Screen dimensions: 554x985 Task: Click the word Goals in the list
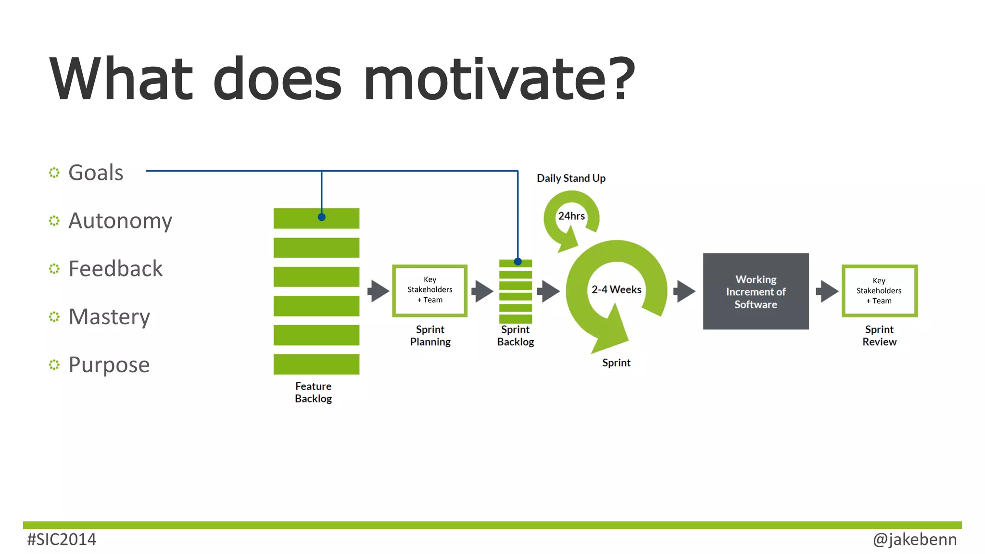[96, 173]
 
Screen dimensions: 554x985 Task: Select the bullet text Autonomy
[120, 221]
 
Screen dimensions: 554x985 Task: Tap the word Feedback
[115, 269]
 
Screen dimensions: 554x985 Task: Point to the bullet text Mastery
[109, 317]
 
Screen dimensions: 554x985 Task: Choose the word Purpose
[109, 365]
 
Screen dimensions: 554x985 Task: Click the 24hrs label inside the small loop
[571, 216]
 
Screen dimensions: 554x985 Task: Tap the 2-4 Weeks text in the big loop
[616, 290]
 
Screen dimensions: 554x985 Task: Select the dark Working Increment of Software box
[756, 291]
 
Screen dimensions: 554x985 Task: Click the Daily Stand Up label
[571, 178]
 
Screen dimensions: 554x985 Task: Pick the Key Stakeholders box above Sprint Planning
[430, 290]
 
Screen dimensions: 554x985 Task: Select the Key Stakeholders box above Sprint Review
[879, 291]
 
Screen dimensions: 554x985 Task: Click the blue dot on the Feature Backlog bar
[322, 217]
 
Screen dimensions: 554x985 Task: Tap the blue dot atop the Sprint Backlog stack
[518, 262]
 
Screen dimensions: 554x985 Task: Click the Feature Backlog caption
[314, 392]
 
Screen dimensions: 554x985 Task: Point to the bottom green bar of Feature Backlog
[316, 364]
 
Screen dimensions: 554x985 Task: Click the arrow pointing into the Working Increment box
[684, 291]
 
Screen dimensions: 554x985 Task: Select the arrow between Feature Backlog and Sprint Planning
[378, 291]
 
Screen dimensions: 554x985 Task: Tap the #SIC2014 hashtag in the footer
[62, 540]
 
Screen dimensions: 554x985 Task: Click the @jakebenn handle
[914, 540]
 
